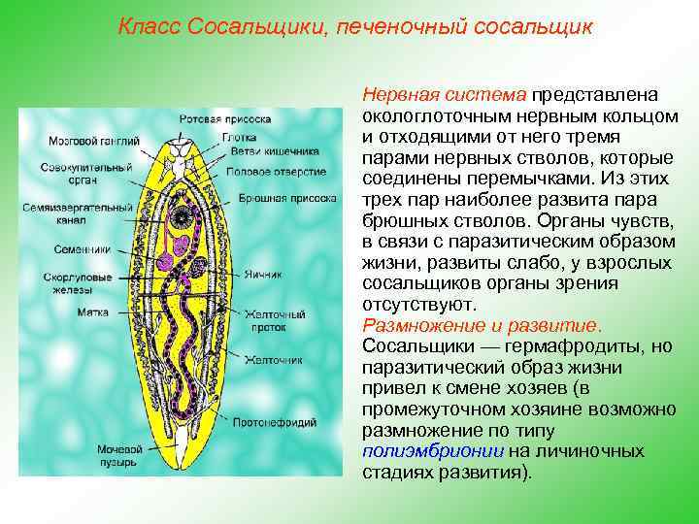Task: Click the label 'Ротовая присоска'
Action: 225,118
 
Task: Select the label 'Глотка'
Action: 239,137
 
